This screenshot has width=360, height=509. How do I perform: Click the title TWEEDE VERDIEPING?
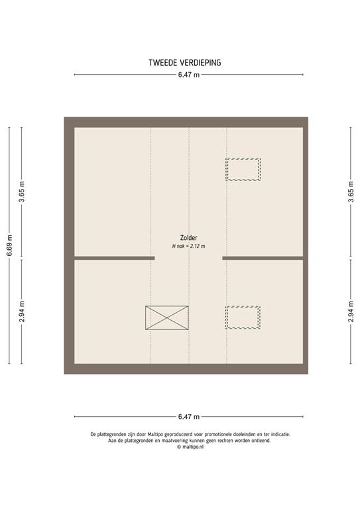tap(185, 63)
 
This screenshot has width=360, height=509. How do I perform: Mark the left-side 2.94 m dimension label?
tap(22, 311)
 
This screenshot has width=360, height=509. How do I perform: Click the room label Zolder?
tap(188, 238)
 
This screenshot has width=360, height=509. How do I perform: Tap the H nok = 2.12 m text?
tap(188, 246)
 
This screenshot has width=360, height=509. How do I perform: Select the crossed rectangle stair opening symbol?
tap(166, 317)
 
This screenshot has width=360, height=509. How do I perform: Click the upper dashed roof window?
tap(243, 169)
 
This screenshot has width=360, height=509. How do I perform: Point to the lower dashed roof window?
tap(243, 317)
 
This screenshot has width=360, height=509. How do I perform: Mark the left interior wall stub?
tap(114, 258)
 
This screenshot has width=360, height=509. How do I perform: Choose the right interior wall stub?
tap(263, 258)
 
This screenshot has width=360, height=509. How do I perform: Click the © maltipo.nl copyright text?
tap(189, 447)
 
